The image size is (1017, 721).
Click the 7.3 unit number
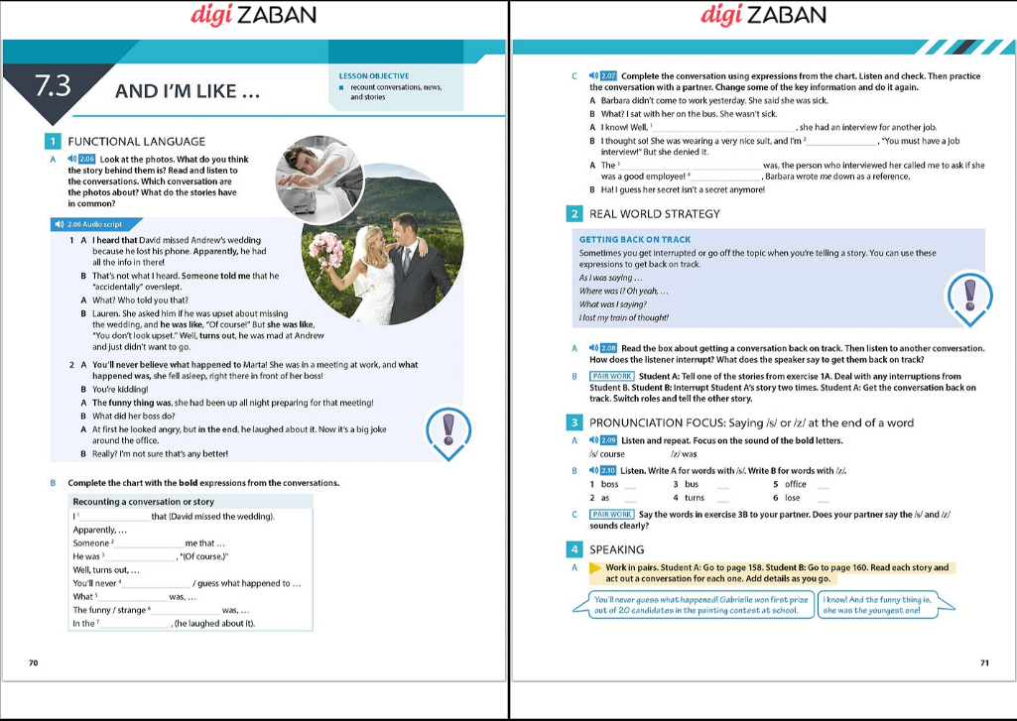click(51, 86)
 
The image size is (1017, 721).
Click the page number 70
click(33, 662)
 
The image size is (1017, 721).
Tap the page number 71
click(984, 662)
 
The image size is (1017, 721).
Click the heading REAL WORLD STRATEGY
click(654, 213)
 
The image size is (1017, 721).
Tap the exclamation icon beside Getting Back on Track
click(969, 297)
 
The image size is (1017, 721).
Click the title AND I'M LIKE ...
click(188, 92)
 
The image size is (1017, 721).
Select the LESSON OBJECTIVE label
click(374, 76)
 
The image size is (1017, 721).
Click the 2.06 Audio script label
click(94, 225)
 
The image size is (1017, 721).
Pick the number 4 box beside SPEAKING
click(574, 548)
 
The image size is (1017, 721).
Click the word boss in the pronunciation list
click(609, 484)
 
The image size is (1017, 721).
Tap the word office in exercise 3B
click(795, 484)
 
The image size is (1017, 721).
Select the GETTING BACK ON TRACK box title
click(634, 239)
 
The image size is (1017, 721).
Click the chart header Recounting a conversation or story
click(143, 502)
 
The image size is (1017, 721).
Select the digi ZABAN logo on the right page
click(763, 15)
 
